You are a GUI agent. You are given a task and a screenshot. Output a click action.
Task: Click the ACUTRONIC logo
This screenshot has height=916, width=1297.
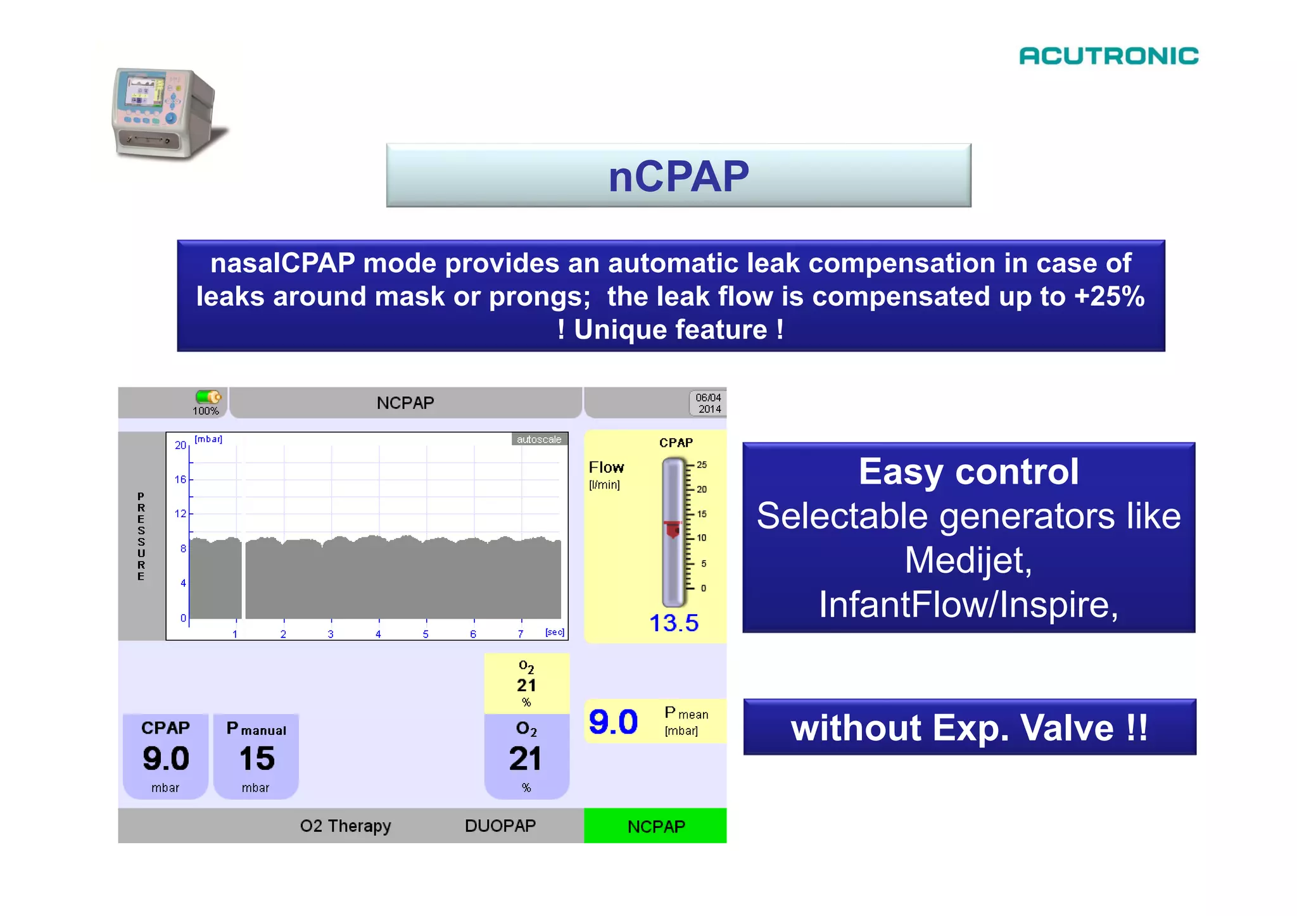click(x=1108, y=56)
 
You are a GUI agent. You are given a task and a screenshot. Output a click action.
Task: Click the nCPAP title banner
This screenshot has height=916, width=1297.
click(x=678, y=175)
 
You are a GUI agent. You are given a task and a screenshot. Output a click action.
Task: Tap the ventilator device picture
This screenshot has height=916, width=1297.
click(x=166, y=113)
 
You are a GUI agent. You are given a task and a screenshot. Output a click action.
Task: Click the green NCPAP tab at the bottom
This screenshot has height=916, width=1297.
click(x=655, y=825)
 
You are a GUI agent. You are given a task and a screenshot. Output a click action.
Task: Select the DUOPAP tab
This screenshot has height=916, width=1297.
click(x=500, y=825)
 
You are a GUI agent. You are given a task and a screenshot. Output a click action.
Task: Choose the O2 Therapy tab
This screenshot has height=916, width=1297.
click(x=345, y=825)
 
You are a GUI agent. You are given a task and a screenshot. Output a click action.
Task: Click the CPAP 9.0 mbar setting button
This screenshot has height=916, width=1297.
click(x=165, y=756)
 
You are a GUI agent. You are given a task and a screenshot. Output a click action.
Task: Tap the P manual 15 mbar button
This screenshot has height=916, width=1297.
click(x=256, y=756)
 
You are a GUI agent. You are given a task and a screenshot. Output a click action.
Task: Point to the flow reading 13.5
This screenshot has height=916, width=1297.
click(x=673, y=623)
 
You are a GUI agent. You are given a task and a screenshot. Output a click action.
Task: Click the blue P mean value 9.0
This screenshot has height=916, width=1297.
click(x=613, y=722)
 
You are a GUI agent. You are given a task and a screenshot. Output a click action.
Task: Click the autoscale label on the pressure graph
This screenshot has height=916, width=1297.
click(x=539, y=439)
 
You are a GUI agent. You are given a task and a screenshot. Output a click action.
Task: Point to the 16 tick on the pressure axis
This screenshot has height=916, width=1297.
click(x=180, y=479)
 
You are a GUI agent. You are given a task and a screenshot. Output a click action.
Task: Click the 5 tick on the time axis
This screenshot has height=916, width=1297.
click(x=426, y=634)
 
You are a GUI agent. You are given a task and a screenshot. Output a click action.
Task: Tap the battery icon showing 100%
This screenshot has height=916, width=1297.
click(x=208, y=397)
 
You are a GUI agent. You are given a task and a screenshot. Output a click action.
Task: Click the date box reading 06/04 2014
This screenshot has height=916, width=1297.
click(x=708, y=403)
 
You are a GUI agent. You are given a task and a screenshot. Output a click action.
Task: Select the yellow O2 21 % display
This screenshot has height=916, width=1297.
click(x=526, y=684)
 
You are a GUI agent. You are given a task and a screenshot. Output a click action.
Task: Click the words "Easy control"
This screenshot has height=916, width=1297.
click(x=968, y=472)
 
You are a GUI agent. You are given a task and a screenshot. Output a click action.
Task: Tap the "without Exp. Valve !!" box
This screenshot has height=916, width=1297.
click(x=969, y=727)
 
